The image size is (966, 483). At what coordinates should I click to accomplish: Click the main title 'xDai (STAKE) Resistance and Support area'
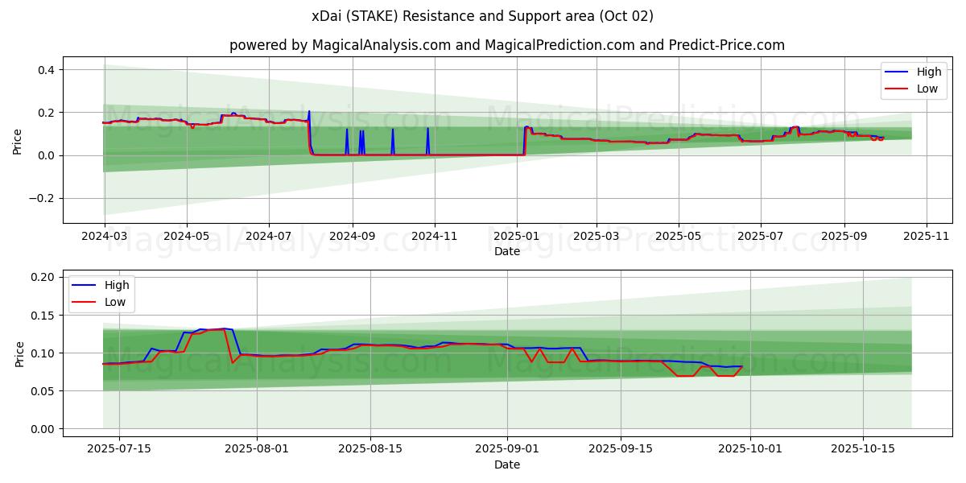[x=482, y=16]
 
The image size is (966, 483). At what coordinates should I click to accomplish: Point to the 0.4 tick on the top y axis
[x=47, y=70]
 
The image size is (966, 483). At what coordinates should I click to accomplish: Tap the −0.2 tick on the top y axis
[x=43, y=198]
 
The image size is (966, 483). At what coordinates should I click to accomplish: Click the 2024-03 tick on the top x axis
[x=104, y=237]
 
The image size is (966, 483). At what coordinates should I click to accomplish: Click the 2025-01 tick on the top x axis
[x=516, y=237]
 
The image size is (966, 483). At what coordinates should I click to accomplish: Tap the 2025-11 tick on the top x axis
[x=927, y=237]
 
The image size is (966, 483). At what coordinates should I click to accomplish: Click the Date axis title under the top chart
[x=507, y=251]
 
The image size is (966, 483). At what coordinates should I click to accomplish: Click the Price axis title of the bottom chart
[x=20, y=353]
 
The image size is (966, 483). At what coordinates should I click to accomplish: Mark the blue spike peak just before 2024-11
[x=427, y=129]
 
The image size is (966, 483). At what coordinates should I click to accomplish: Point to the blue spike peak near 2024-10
[x=393, y=130]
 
